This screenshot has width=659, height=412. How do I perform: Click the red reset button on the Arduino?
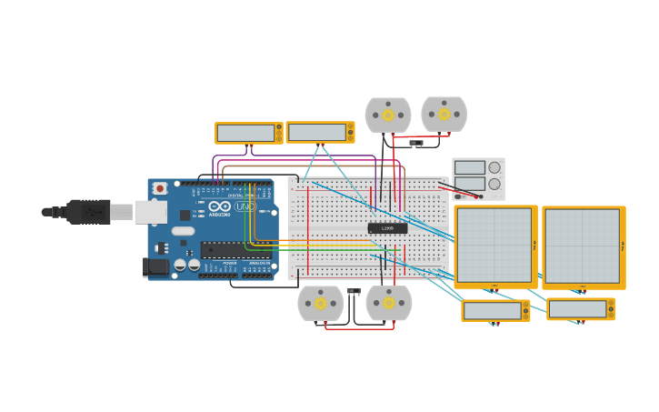[x=160, y=188]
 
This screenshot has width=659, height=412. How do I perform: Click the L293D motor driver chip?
[x=387, y=228]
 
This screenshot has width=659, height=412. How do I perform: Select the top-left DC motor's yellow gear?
[x=388, y=115]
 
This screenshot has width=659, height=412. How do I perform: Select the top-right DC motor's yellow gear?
[x=444, y=114]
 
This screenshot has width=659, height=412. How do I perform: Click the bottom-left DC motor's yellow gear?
[x=320, y=303]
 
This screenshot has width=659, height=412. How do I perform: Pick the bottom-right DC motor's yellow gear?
[x=389, y=303]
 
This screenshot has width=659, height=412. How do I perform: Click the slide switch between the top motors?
[x=415, y=143]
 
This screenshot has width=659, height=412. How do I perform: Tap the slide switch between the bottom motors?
[x=354, y=291]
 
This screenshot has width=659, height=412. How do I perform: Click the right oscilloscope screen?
[x=582, y=246]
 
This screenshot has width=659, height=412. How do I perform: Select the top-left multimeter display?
[x=245, y=133]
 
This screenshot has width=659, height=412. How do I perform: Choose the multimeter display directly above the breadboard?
[x=316, y=132]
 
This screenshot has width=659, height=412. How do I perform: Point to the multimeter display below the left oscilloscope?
[x=492, y=311]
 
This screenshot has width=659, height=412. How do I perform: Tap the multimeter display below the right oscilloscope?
[x=577, y=309]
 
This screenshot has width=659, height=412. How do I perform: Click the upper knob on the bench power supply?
[x=494, y=167]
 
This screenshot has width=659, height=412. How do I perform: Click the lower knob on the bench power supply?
[x=494, y=184]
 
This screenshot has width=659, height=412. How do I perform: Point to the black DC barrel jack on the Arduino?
[x=155, y=266]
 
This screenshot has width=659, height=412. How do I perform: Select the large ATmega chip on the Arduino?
[x=235, y=249]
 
